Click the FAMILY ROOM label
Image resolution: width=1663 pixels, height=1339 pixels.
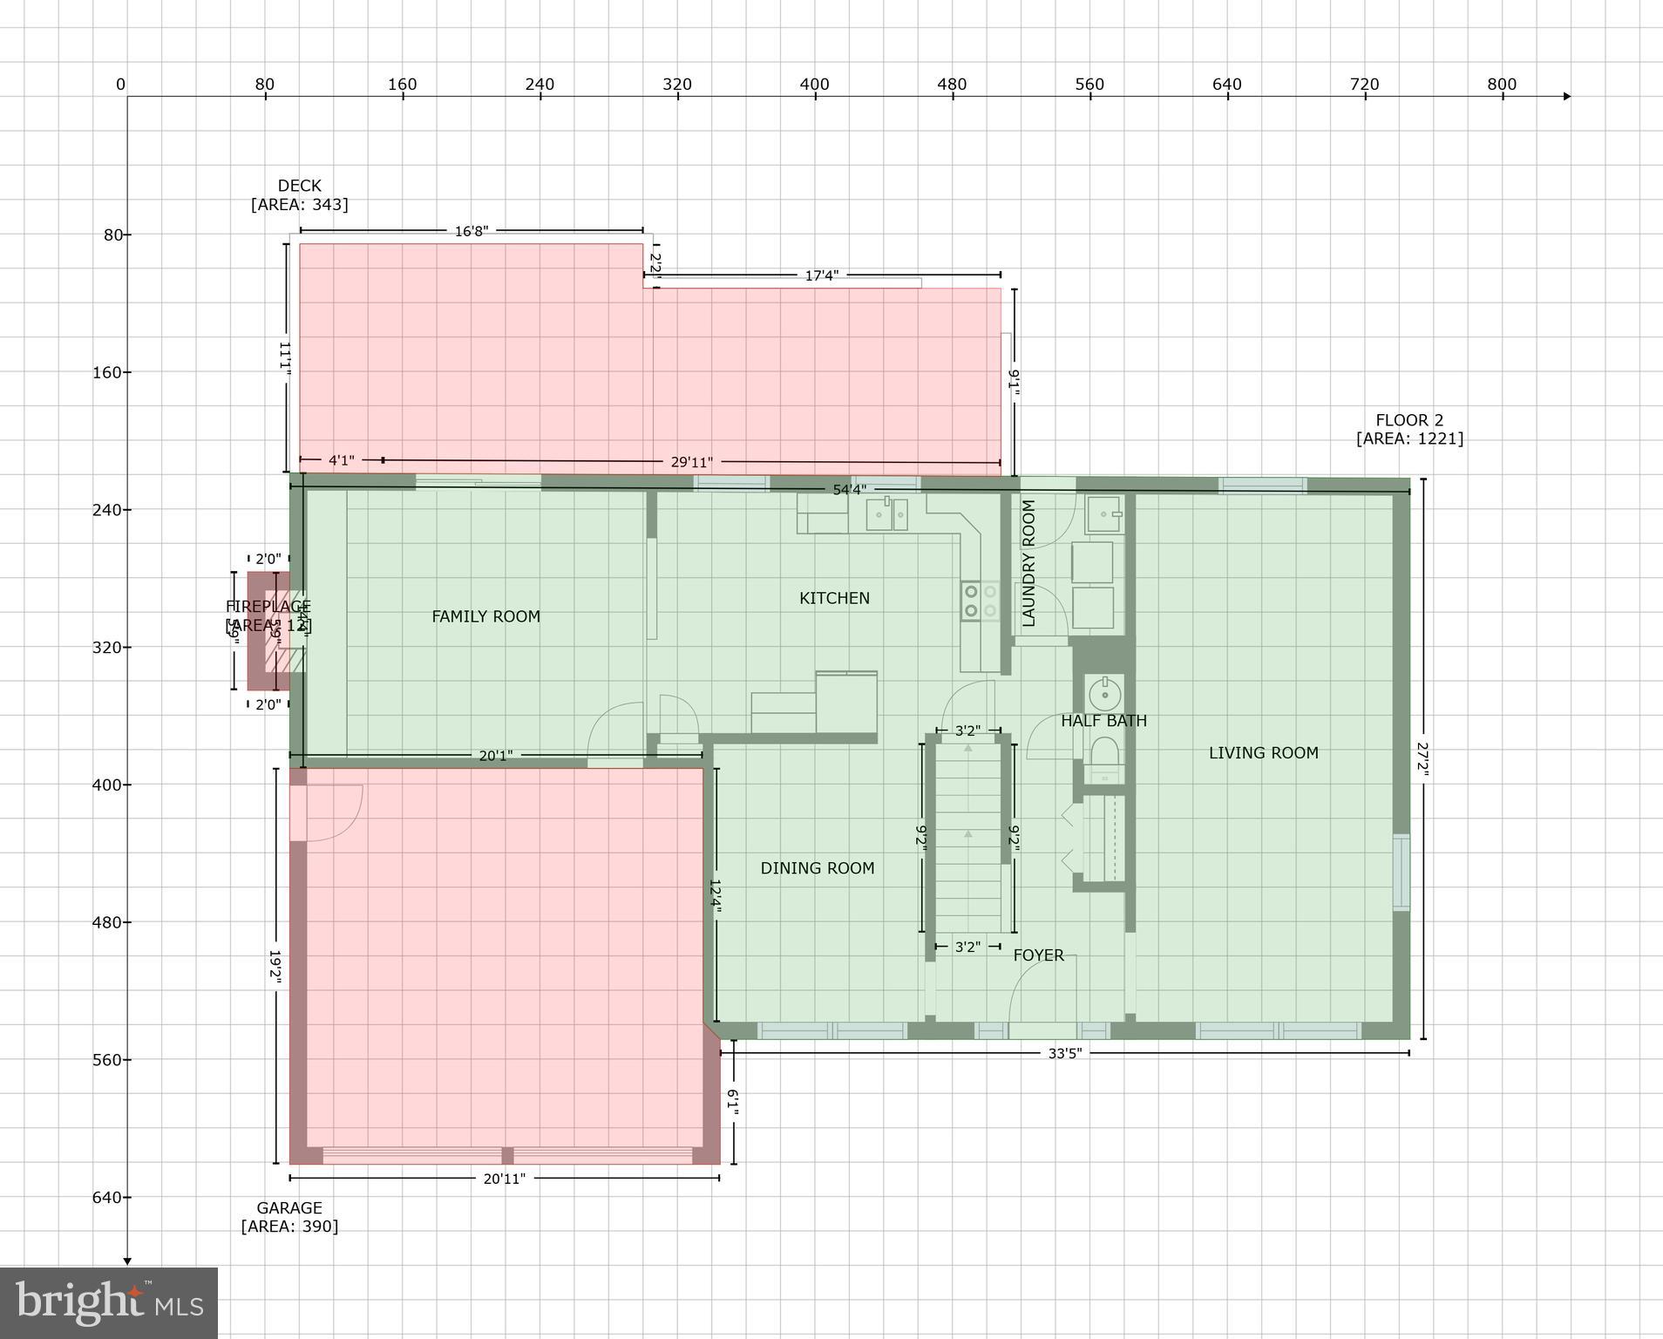(485, 616)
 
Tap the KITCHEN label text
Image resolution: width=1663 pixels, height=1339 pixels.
(834, 598)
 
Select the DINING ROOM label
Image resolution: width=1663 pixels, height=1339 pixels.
(817, 868)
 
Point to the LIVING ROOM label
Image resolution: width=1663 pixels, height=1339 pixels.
(1263, 753)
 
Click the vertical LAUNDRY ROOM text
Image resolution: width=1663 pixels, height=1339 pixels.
(1028, 563)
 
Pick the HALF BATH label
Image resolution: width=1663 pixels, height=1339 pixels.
(1103, 721)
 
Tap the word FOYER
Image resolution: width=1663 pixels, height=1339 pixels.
(1038, 955)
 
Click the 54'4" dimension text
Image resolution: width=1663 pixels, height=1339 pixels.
(849, 490)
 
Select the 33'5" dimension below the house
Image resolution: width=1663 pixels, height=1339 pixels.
(1064, 1053)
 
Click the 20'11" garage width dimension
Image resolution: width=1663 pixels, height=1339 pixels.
(504, 1179)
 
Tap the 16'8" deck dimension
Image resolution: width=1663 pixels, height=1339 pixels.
(472, 231)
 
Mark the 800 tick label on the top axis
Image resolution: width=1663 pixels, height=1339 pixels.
(1502, 85)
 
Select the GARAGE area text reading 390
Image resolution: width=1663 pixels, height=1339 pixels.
(289, 1227)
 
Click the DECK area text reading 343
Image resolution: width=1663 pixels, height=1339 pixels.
(299, 205)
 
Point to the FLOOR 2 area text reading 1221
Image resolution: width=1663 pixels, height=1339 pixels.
(1409, 438)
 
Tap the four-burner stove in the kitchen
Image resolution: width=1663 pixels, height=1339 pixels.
(981, 602)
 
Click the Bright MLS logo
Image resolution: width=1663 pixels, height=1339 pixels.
(109, 1302)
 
